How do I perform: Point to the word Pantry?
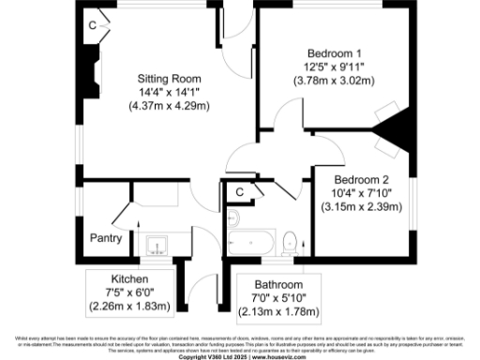click(x=106, y=238)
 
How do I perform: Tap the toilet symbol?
click(x=292, y=243)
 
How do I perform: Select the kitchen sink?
click(x=156, y=245)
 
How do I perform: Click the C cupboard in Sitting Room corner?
click(x=92, y=25)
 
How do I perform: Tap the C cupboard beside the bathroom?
click(x=240, y=192)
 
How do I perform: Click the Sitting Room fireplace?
click(x=89, y=73)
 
